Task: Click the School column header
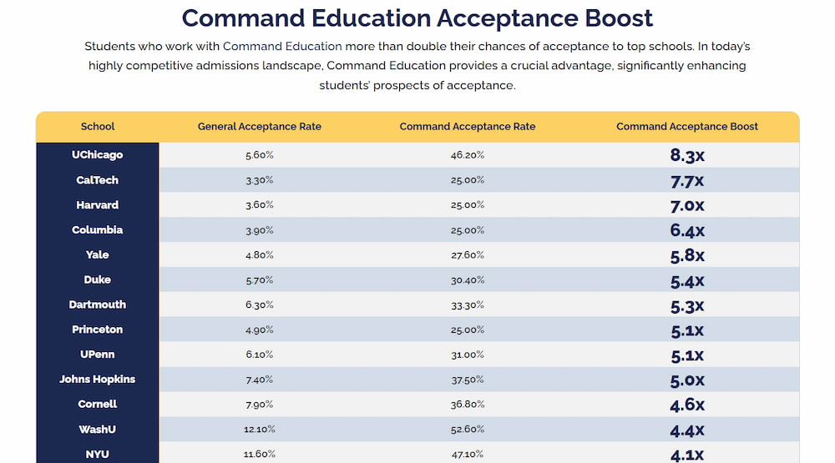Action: pyautogui.click(x=98, y=127)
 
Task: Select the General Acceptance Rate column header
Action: pyautogui.click(x=259, y=127)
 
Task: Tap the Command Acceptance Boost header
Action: pyautogui.click(x=687, y=127)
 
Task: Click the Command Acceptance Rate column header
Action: pyautogui.click(x=468, y=127)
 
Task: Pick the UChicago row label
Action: pyautogui.click(x=98, y=155)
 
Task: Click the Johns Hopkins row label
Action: pyautogui.click(x=98, y=380)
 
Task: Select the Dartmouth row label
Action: pyautogui.click(x=98, y=304)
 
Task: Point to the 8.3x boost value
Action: pyautogui.click(x=687, y=155)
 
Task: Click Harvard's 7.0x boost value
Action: pyautogui.click(x=687, y=205)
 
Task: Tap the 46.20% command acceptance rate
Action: pyautogui.click(x=468, y=155)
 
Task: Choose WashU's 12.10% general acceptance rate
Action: pyautogui.click(x=259, y=430)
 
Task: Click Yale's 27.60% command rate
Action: pyautogui.click(x=468, y=255)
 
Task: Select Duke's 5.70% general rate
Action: pyautogui.click(x=259, y=280)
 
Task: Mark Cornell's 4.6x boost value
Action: pyautogui.click(x=687, y=405)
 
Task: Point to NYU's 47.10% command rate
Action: pyautogui.click(x=468, y=455)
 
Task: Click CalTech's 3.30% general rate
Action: pyautogui.click(x=259, y=180)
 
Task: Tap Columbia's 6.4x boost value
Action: pyautogui.click(x=687, y=230)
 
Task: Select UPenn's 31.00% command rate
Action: pyautogui.click(x=468, y=355)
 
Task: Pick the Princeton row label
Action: pyautogui.click(x=98, y=330)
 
